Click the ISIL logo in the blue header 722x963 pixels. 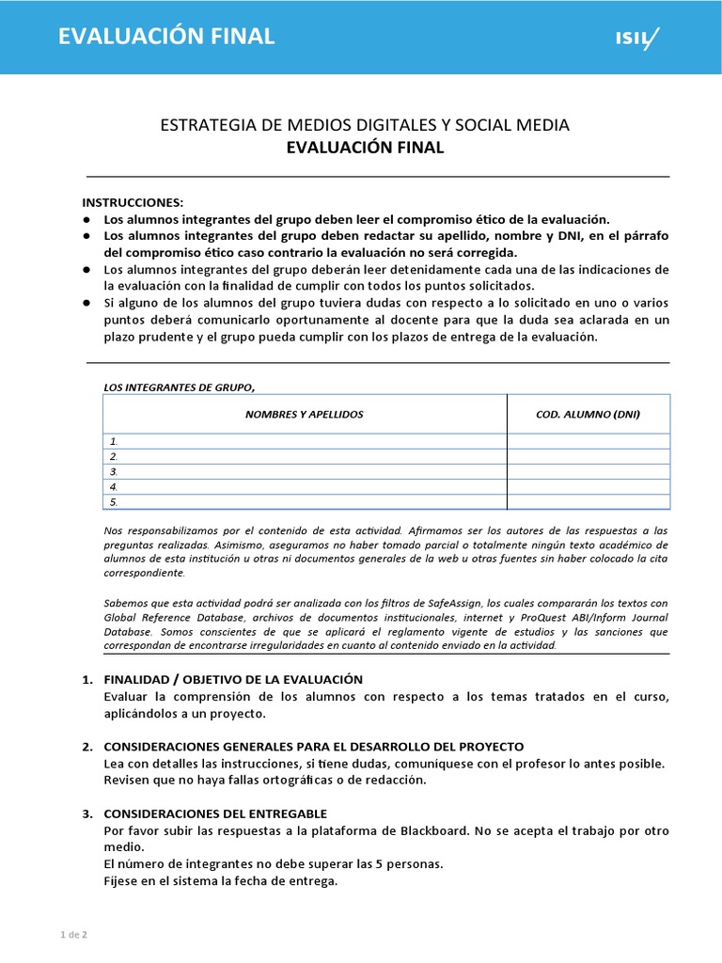pos(636,39)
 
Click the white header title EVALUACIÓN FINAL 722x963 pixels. pos(166,37)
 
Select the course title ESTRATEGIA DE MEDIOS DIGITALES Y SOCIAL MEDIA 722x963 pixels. pos(365,125)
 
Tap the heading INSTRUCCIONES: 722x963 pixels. pos(133,202)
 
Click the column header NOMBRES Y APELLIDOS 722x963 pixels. pos(304,414)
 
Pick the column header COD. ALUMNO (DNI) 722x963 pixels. pos(588,414)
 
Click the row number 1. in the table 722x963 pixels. pos(114,441)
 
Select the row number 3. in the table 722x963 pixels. pos(114,471)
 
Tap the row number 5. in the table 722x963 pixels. pos(114,501)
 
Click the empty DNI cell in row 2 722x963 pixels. pos(588,456)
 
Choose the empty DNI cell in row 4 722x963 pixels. pos(588,486)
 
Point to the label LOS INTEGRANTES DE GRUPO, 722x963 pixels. pos(179,387)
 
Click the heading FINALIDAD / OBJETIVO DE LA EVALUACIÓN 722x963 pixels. pos(232,679)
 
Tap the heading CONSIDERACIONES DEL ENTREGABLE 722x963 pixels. pos(215,813)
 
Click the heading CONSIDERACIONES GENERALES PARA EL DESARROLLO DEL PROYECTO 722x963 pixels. pos(313,746)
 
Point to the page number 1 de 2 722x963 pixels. pos(73,934)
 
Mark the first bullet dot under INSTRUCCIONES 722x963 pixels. pos(86,218)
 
